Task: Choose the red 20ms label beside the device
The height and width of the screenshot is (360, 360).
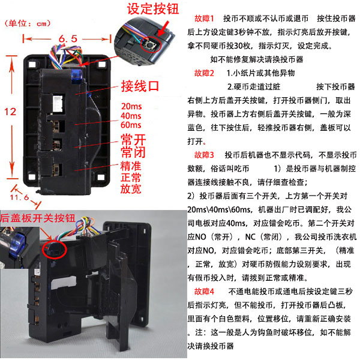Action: pyautogui.click(x=131, y=106)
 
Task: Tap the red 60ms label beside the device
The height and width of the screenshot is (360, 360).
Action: pyautogui.click(x=131, y=125)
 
